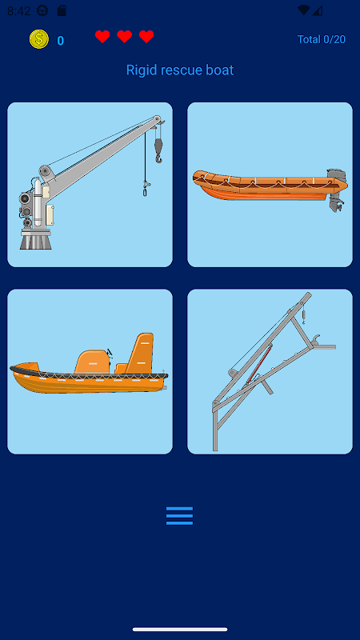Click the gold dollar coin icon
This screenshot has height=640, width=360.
click(x=39, y=39)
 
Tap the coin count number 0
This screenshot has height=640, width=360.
click(x=61, y=41)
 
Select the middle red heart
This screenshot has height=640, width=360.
click(x=125, y=37)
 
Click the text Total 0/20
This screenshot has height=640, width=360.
click(x=322, y=39)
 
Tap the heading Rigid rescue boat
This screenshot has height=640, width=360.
click(x=180, y=70)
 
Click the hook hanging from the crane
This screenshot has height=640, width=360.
click(x=158, y=150)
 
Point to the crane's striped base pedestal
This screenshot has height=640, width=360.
click(x=36, y=239)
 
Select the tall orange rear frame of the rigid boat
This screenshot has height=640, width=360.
click(x=140, y=353)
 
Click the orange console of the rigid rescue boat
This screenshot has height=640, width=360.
click(x=92, y=362)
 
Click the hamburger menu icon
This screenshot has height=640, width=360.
click(x=179, y=516)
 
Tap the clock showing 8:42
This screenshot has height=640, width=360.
click(x=18, y=10)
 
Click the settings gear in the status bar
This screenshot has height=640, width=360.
click(x=42, y=10)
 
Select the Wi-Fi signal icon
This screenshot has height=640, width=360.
click(x=303, y=10)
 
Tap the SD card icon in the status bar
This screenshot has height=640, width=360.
click(x=62, y=10)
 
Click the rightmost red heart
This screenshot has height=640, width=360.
click(x=146, y=37)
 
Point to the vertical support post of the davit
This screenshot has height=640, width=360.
click(x=215, y=426)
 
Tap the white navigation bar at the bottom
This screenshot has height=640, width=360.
click(x=180, y=630)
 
